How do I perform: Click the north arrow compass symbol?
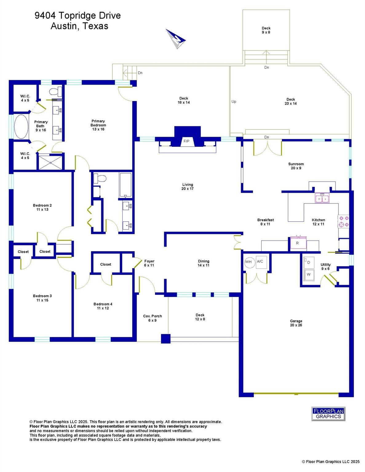(x=176, y=39)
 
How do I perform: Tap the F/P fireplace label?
(x=186, y=141)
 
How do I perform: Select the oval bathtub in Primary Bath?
(x=21, y=126)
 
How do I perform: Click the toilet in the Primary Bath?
(x=56, y=92)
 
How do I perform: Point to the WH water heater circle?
(x=248, y=262)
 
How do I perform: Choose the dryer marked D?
(x=309, y=263)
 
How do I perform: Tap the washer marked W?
(x=309, y=274)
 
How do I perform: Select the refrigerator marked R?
(x=298, y=243)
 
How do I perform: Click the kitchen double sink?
(x=322, y=198)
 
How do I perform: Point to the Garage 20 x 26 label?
(x=296, y=323)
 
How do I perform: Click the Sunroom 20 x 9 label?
(x=296, y=166)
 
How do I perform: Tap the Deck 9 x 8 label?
(x=266, y=30)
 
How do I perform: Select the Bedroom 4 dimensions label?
(x=103, y=308)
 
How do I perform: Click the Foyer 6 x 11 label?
(x=149, y=263)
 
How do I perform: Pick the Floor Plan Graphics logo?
(x=328, y=414)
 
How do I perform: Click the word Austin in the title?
(x=63, y=26)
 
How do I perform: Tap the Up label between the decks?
(x=234, y=102)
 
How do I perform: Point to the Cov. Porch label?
(x=153, y=316)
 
